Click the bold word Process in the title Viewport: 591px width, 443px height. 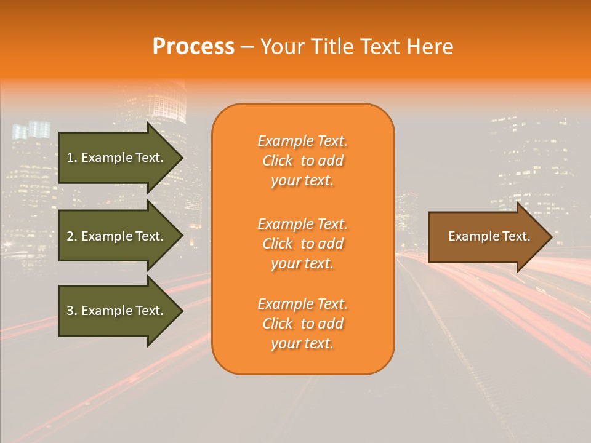click(193, 47)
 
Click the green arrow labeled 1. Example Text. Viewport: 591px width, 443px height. click(115, 158)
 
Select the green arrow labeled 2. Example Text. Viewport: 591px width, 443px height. click(115, 236)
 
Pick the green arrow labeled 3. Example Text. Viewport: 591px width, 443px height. click(115, 311)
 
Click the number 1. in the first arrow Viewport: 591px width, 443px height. click(71, 158)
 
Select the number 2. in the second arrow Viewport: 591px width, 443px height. click(71, 236)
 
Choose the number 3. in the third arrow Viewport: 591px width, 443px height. click(71, 311)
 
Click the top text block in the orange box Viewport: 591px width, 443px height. click(302, 161)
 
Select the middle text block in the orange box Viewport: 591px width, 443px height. click(302, 244)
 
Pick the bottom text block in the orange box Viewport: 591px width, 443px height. click(302, 324)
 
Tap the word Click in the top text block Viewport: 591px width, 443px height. click(278, 161)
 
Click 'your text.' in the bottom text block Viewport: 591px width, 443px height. click(302, 343)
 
